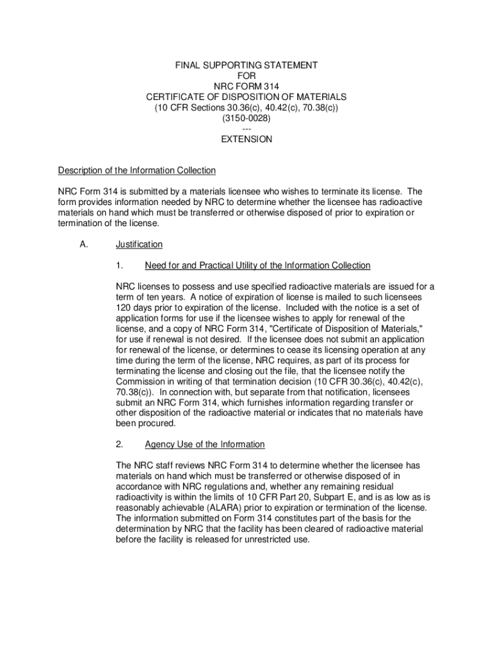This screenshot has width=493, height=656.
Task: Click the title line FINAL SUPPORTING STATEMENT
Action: [247, 65]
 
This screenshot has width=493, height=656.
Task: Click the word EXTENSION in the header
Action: [247, 139]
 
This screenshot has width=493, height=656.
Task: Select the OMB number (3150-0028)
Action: [247, 119]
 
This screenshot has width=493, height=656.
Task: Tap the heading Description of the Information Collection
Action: [137, 170]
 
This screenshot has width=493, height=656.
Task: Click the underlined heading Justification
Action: [139, 244]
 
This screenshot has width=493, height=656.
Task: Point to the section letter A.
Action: [84, 244]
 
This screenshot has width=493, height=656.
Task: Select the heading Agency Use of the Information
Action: [204, 444]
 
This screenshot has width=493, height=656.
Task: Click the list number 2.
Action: [120, 444]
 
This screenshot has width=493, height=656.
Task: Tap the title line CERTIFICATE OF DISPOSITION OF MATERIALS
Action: [247, 97]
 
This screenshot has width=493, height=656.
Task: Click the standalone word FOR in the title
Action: [247, 76]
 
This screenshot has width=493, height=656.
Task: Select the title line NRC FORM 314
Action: [247, 86]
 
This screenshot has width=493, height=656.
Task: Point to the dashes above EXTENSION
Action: [247, 129]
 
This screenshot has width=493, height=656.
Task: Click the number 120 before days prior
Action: [124, 307]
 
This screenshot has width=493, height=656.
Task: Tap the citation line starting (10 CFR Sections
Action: [247, 108]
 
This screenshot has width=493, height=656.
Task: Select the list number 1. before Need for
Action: [119, 265]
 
